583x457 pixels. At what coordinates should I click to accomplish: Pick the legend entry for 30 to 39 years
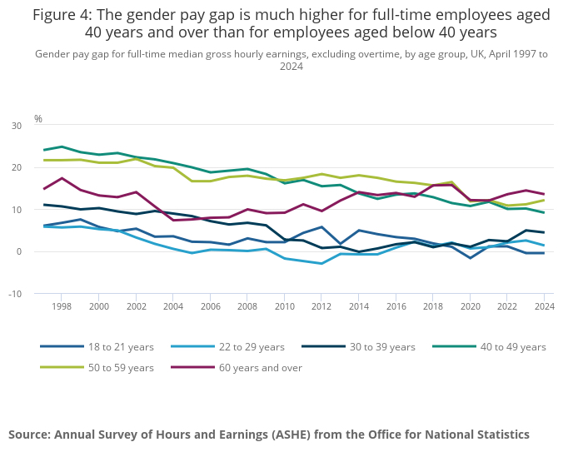coord(381,346)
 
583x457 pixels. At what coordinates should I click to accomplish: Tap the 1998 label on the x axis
coord(62,306)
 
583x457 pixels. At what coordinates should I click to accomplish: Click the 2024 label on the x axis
coord(544,306)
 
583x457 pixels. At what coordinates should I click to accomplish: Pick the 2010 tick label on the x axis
coord(284,306)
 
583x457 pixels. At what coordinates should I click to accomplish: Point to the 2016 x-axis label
coord(396,306)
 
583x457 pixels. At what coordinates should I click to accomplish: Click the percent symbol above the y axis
coord(37,119)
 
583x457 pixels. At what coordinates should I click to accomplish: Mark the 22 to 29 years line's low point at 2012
coord(321,264)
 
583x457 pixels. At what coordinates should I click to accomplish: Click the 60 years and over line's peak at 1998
coord(62,178)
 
